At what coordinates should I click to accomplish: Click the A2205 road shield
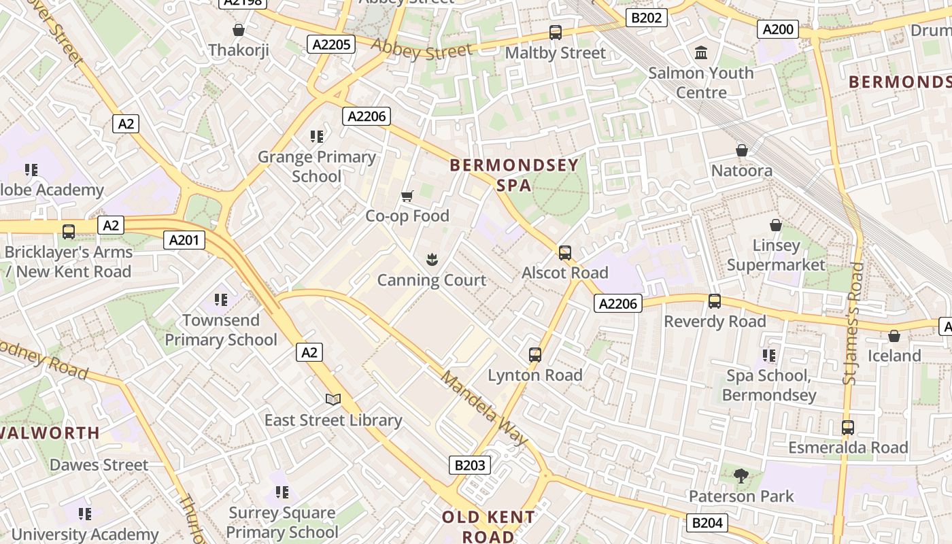pyautogui.click(x=331, y=45)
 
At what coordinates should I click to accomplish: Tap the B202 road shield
pyautogui.click(x=646, y=18)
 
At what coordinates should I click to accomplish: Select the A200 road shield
pyautogui.click(x=778, y=29)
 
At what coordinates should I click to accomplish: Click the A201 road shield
pyautogui.click(x=184, y=239)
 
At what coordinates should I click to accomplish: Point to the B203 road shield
pyautogui.click(x=469, y=465)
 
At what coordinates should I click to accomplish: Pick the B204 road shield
pyautogui.click(x=707, y=523)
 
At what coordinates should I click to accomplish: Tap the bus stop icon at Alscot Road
pyautogui.click(x=565, y=253)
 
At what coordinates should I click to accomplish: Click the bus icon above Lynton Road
pyautogui.click(x=535, y=354)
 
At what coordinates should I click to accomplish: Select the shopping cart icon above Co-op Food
pyautogui.click(x=407, y=197)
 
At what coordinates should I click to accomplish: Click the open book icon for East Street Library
pyautogui.click(x=333, y=399)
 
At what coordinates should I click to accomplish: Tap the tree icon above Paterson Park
pyautogui.click(x=741, y=476)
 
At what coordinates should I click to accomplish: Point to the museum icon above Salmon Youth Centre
pyautogui.click(x=701, y=52)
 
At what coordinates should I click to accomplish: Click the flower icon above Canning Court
pyautogui.click(x=431, y=259)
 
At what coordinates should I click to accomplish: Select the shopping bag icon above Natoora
pyautogui.click(x=742, y=150)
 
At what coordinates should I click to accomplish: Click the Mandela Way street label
pyautogui.click(x=483, y=408)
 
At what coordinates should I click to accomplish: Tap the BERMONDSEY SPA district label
pyautogui.click(x=514, y=175)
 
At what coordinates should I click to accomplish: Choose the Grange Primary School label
pyautogui.click(x=316, y=167)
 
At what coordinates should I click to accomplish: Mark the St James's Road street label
pyautogui.click(x=853, y=323)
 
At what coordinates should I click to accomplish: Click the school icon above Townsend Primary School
pyautogui.click(x=221, y=299)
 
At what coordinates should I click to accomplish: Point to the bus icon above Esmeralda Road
pyautogui.click(x=847, y=427)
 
